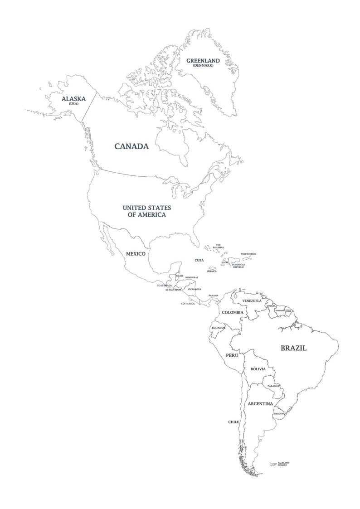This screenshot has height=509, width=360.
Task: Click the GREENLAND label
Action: (x=203, y=60)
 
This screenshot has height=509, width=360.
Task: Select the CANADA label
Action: (x=131, y=146)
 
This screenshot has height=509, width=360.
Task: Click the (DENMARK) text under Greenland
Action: (x=203, y=66)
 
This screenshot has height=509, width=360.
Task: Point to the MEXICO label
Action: (x=136, y=254)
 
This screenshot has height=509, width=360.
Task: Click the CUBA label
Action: (x=199, y=260)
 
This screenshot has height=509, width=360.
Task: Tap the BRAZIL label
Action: (x=293, y=348)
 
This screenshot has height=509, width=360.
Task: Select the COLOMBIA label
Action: (x=232, y=312)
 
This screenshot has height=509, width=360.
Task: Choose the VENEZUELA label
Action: (x=252, y=301)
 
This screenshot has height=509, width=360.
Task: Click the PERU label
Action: (x=232, y=355)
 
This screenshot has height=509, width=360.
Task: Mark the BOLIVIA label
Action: (x=258, y=369)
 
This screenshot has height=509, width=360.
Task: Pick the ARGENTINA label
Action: (x=260, y=403)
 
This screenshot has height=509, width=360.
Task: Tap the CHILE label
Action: (x=234, y=422)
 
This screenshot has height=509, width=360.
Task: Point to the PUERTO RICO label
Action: (x=248, y=254)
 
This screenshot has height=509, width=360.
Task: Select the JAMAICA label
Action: (x=211, y=271)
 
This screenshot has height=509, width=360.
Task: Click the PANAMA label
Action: (x=214, y=296)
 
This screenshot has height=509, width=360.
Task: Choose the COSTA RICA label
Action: (x=188, y=303)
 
